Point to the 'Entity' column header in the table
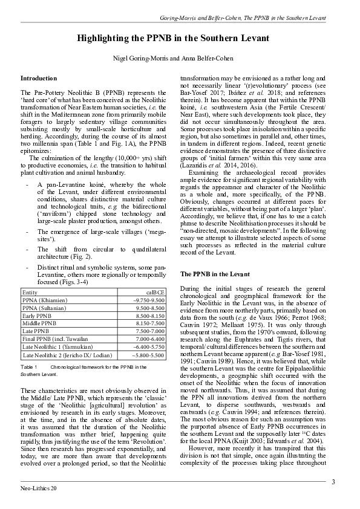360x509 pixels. coord(30,292)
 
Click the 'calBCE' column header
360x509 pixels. coord(155,292)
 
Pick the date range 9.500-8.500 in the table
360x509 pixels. coord(151,308)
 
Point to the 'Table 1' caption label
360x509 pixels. coord(29,368)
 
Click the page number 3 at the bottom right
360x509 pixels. coord(333,482)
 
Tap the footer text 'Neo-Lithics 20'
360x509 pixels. coord(38,488)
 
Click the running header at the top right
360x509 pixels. coord(243,18)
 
